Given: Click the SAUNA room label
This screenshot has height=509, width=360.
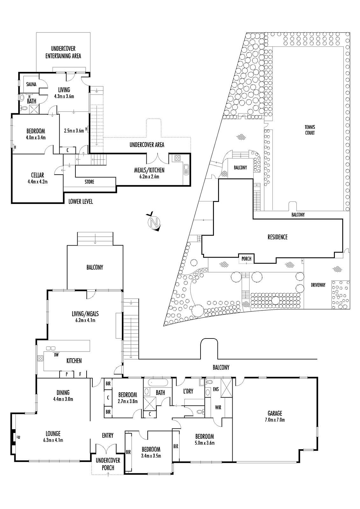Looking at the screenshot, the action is pyautogui.click(x=31, y=84).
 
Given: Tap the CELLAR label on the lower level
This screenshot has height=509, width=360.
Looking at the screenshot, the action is pyautogui.click(x=38, y=175).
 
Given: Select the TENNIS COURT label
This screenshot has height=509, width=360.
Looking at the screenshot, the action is pyautogui.click(x=310, y=130).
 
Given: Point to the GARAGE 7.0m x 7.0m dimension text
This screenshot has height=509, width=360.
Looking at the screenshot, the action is pyautogui.click(x=275, y=420).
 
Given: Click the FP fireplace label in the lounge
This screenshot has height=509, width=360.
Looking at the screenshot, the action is pyautogui.click(x=17, y=436).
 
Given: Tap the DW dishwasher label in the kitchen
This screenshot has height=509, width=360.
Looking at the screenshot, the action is pyautogui.click(x=56, y=355).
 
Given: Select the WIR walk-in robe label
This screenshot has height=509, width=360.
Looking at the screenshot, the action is pyautogui.click(x=218, y=408).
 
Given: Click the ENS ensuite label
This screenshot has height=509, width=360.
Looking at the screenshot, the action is pyautogui.click(x=216, y=389).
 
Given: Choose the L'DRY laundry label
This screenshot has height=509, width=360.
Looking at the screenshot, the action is pyautogui.click(x=188, y=391).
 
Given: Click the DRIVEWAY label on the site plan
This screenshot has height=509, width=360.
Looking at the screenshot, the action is pyautogui.click(x=318, y=285).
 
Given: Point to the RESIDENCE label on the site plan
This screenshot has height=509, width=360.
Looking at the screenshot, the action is pyautogui.click(x=278, y=237).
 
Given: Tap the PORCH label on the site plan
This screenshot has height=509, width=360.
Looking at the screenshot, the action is pyautogui.click(x=246, y=259).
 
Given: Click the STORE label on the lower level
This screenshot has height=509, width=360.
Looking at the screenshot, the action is pyautogui.click(x=89, y=182).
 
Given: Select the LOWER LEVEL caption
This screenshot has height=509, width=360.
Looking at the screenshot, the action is pyautogui.click(x=81, y=201).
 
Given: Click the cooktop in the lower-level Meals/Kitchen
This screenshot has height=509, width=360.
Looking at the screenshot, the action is pyautogui.click(x=177, y=158).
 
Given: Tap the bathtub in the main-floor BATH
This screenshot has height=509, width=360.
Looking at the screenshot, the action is pyautogui.click(x=158, y=383).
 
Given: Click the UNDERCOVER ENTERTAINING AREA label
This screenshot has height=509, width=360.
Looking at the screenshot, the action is pyautogui.click(x=63, y=52).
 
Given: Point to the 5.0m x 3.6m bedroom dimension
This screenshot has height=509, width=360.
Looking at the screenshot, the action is pyautogui.click(x=205, y=443).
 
